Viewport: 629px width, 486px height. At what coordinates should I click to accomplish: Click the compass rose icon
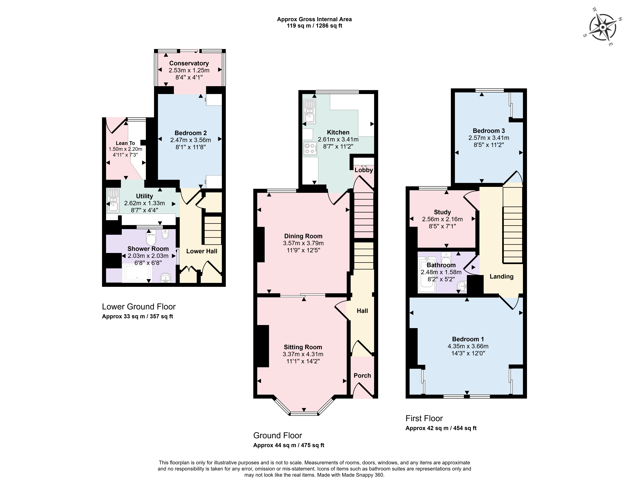point(602,27)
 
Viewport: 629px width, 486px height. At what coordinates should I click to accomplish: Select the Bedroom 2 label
point(191,133)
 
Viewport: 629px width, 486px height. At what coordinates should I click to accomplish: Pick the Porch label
point(362,375)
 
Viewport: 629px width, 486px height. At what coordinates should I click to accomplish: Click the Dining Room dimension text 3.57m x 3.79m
point(303,243)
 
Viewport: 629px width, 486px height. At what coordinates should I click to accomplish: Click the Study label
point(442,212)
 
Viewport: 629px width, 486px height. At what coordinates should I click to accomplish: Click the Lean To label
point(125,143)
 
